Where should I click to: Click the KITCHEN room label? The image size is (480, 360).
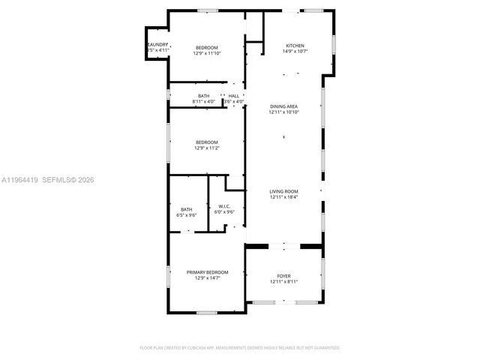point(293,46)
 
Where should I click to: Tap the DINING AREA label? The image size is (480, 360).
point(284,106)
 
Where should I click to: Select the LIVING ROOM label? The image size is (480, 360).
point(284,191)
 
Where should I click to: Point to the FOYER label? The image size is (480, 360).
point(284,275)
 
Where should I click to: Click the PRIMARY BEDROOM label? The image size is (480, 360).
point(207,271)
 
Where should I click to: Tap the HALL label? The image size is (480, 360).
point(234,96)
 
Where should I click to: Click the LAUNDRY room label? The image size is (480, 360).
point(157,45)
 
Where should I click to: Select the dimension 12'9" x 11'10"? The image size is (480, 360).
point(206,53)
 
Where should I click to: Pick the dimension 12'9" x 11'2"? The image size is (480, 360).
point(206,148)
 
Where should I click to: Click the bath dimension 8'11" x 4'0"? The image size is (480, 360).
point(204,101)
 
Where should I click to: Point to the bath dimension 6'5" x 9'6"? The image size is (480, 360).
point(186,215)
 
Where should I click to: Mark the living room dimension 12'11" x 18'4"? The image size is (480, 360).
point(284,197)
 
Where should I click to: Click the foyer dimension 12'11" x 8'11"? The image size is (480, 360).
point(284,281)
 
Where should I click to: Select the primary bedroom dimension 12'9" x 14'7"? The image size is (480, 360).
point(207,277)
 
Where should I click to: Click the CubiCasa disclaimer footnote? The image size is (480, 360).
point(240,348)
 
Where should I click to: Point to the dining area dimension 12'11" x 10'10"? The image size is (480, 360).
point(284,112)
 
